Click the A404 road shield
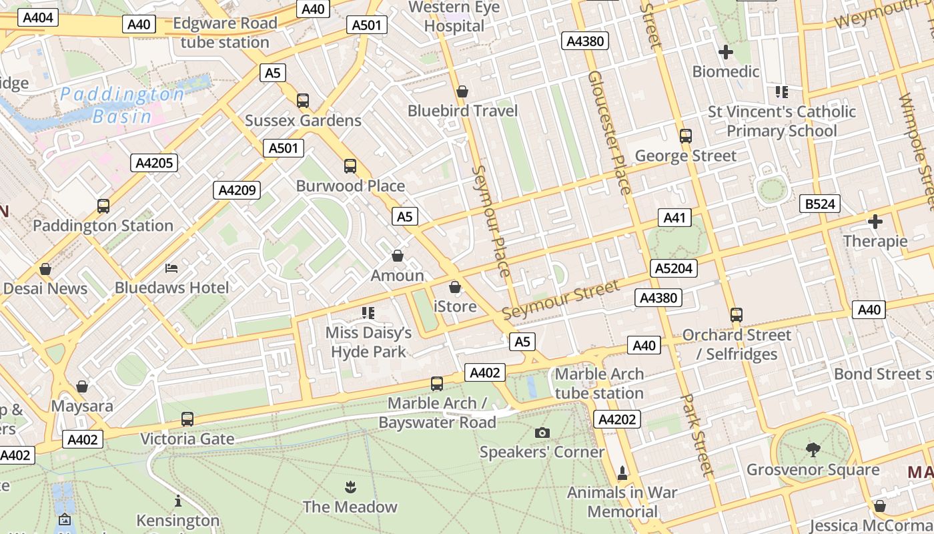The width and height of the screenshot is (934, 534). tap(37, 17)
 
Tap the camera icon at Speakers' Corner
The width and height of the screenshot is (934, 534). tap(542, 433)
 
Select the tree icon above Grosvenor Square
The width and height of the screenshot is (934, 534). tap(813, 450)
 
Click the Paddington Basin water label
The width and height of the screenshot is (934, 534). tap(122, 105)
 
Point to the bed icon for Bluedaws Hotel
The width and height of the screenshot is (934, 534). tap(171, 268)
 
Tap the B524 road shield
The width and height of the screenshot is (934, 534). tap(820, 204)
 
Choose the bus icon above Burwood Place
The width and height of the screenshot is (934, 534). tap(350, 166)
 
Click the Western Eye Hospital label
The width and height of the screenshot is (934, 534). tap(454, 17)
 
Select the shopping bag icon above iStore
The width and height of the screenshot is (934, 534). tap(455, 287)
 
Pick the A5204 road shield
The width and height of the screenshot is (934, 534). tap(674, 268)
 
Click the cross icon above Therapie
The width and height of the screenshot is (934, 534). tap(875, 222)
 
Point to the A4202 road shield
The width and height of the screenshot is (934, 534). tap(617, 419)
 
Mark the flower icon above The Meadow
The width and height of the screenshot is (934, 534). tap(350, 487)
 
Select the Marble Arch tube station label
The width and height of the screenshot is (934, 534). tap(599, 383)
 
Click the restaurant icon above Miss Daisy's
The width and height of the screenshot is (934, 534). tap(368, 312)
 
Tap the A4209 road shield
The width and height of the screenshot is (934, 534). tap(238, 190)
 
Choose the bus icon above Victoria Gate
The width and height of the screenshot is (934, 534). tap(187, 419)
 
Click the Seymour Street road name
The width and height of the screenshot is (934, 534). tap(560, 300)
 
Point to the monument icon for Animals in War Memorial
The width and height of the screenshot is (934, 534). tap(622, 473)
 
